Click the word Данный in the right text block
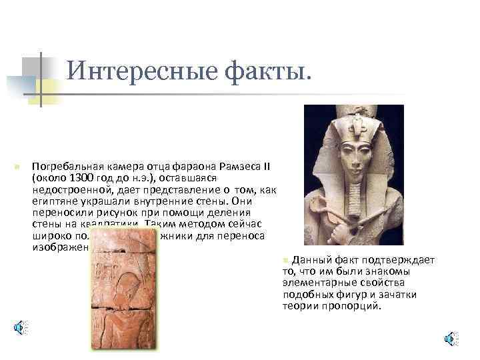pos(307,259)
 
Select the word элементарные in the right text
pos(315,283)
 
